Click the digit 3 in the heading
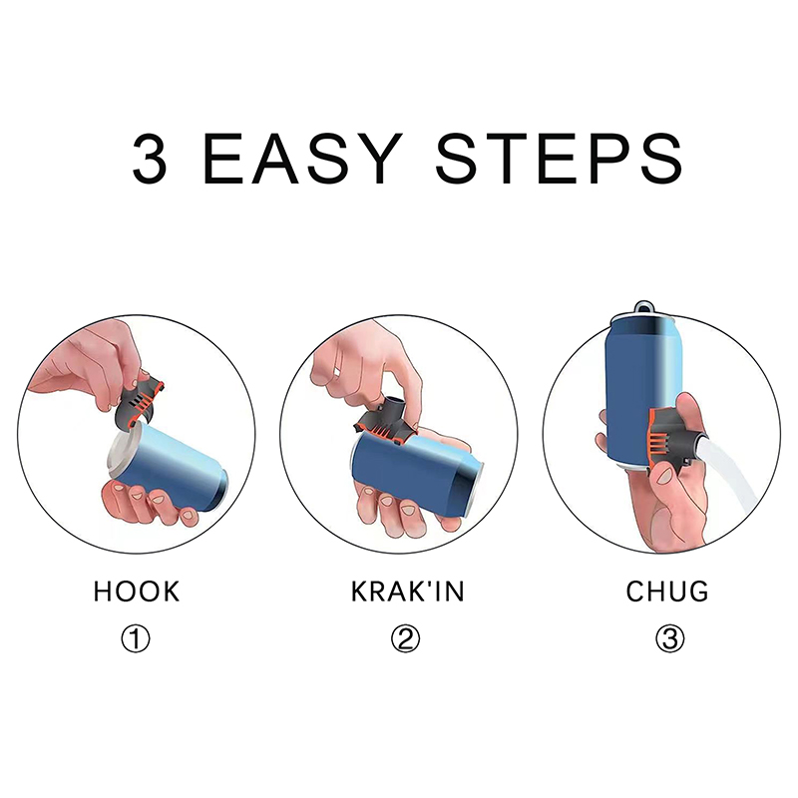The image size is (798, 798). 149,159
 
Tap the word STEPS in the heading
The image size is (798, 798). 559,159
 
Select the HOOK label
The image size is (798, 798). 137,592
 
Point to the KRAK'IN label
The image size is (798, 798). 407,592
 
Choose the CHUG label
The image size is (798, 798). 666,592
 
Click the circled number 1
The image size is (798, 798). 136,638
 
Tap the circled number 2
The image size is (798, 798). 406,638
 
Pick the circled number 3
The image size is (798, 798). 669,638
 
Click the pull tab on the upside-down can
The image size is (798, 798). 644,307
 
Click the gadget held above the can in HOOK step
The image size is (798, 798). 139,400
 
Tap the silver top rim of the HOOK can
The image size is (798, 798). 121,454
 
